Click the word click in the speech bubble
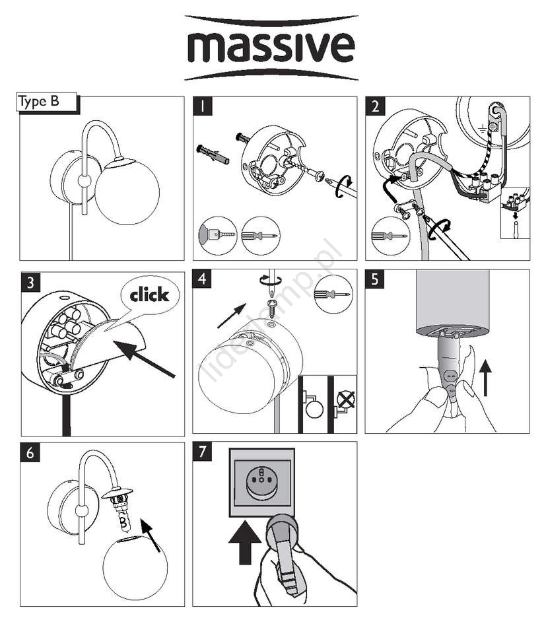[149, 295]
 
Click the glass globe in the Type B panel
[127, 191]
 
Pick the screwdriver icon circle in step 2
[390, 235]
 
